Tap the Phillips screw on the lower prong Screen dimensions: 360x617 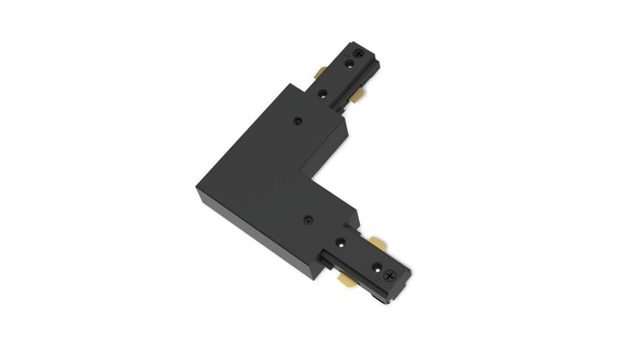(x=393, y=276)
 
